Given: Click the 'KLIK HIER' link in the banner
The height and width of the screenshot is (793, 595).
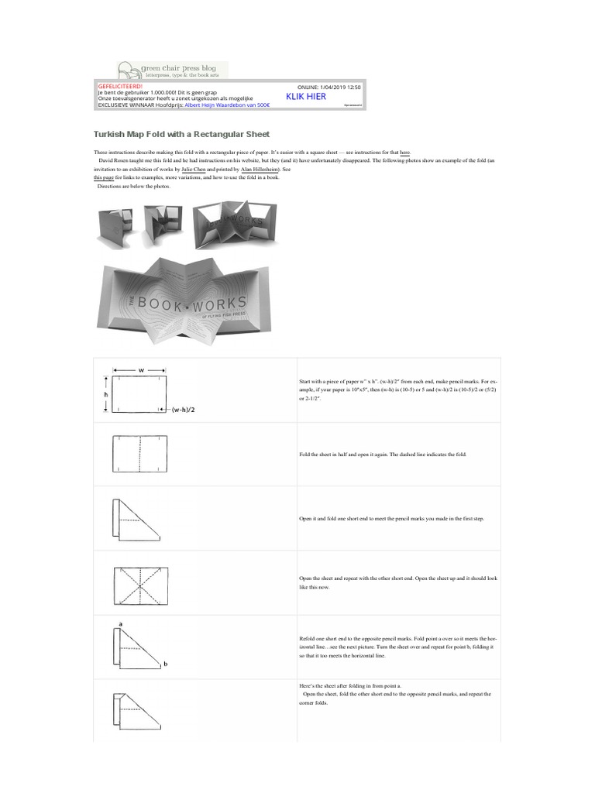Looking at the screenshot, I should pyautogui.click(x=306, y=98).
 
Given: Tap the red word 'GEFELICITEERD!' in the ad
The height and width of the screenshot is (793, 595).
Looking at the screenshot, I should pyautogui.click(x=120, y=86).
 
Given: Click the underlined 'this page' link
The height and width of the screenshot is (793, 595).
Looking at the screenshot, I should pyautogui.click(x=104, y=177).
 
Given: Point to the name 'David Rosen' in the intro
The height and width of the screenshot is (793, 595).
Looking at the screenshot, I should pyautogui.click(x=115, y=161).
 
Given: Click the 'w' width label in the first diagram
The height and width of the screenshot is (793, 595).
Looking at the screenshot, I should pyautogui.click(x=141, y=370).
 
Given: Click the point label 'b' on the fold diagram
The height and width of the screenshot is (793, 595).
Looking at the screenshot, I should pyautogui.click(x=166, y=664).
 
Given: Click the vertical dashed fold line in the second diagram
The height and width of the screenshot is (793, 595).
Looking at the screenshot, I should pyautogui.click(x=141, y=454).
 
